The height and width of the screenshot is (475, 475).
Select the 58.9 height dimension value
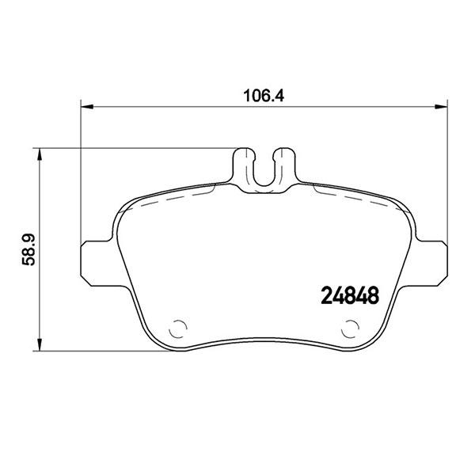click(26, 249)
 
